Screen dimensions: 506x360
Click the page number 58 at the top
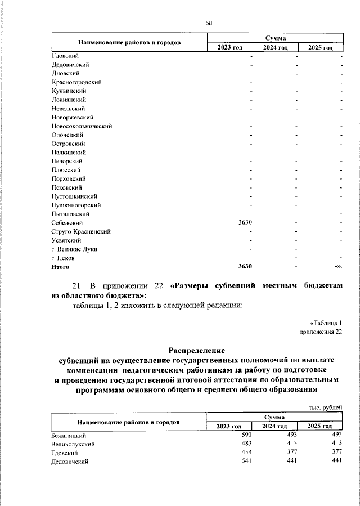coord(208,23)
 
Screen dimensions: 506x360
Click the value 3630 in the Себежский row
coord(245,223)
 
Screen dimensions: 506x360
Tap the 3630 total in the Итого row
coord(245,267)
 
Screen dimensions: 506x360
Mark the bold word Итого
coord(60,267)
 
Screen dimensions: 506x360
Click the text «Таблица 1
coord(326,323)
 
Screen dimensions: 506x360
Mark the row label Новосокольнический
coord(82,126)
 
